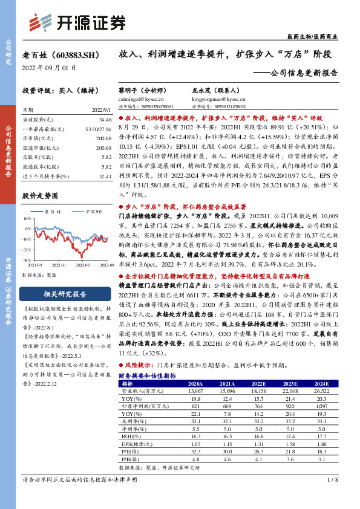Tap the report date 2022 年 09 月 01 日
pos(49,68)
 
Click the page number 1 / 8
pos(331,497)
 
